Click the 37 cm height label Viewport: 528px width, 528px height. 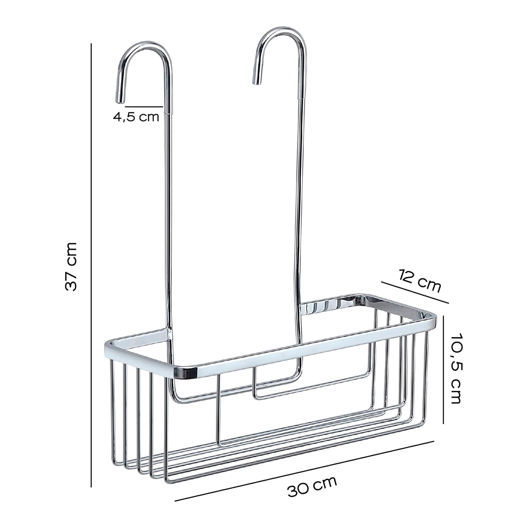71,266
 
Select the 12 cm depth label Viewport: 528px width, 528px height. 420,281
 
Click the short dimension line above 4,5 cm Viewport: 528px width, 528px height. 144,106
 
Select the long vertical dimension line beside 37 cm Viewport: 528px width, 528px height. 91,264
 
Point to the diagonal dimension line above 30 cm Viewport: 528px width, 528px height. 304,471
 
